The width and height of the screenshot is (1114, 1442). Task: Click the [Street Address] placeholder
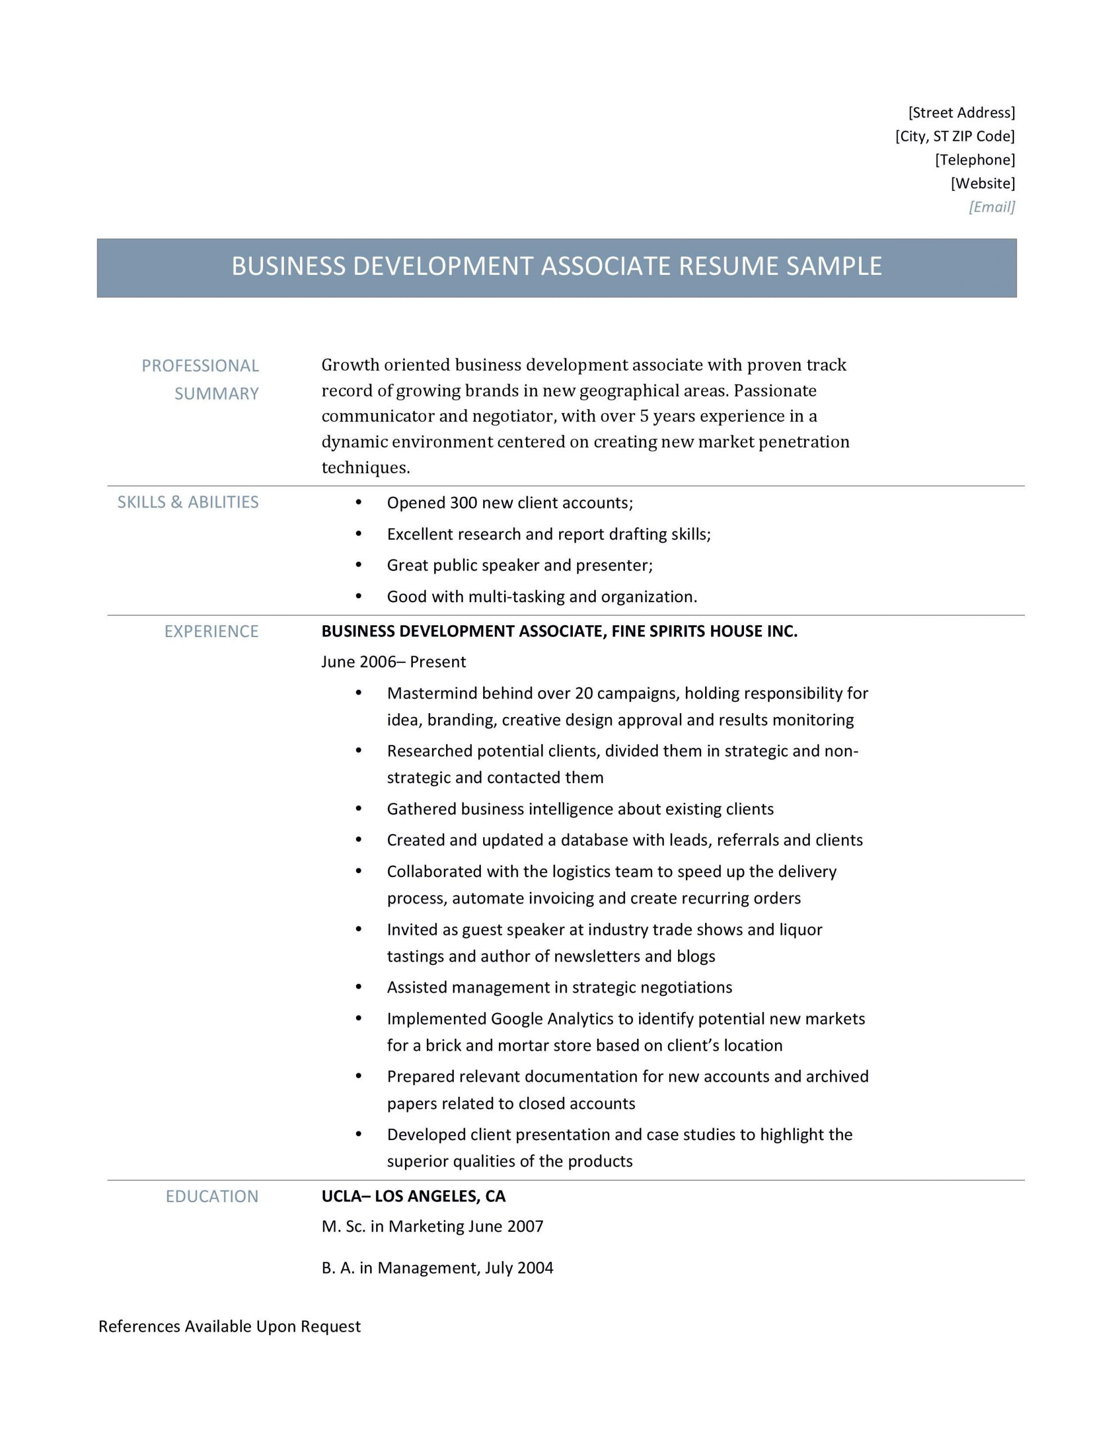(961, 112)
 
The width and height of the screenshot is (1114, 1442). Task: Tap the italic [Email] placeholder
(991, 207)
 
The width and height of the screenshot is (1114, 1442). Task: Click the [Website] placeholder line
(982, 184)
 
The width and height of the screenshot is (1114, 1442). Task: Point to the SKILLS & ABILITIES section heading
(188, 502)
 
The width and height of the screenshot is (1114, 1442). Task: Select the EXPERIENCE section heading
(211, 632)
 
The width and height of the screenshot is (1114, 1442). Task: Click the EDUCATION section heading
(212, 1196)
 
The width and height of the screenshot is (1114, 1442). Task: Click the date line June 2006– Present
(393, 662)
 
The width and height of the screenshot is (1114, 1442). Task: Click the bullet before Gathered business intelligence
(359, 808)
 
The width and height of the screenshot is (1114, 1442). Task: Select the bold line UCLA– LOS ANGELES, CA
(413, 1196)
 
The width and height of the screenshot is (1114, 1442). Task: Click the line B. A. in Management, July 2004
(437, 1268)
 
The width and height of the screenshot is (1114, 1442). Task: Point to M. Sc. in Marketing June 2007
(432, 1227)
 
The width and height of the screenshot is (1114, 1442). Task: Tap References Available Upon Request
(229, 1327)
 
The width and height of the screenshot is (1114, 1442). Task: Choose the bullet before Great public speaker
(359, 564)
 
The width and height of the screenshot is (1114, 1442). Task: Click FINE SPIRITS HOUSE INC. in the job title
(704, 632)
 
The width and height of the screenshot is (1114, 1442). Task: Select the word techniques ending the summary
(364, 468)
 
